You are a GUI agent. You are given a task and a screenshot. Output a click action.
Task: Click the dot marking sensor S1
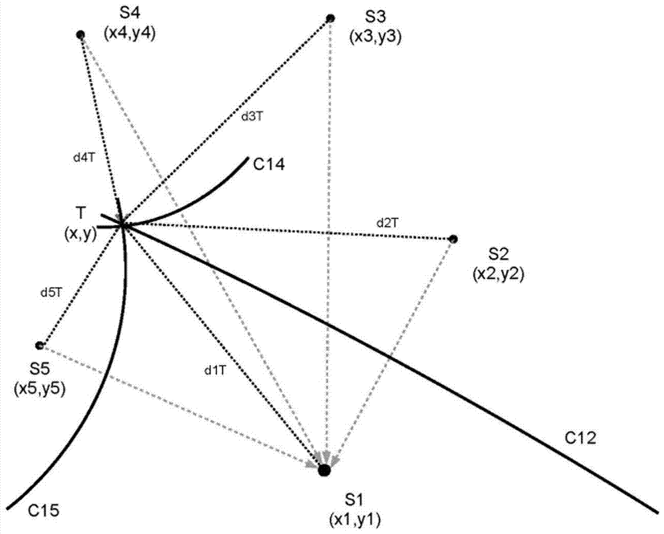(324, 470)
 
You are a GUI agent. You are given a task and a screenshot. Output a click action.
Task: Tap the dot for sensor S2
(453, 239)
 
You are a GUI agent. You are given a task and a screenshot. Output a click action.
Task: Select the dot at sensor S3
(329, 19)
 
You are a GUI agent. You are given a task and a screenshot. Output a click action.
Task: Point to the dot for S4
(80, 34)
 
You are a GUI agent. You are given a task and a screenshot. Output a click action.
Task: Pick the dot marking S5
(40, 345)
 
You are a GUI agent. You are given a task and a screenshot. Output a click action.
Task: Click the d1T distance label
(216, 371)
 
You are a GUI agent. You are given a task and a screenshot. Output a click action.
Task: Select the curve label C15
(44, 511)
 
